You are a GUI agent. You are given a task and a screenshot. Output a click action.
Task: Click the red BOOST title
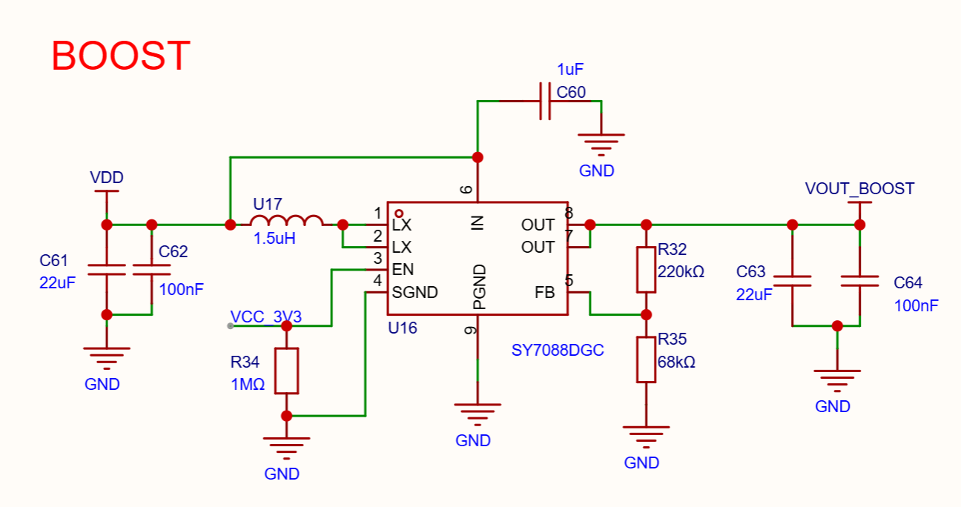[121, 56]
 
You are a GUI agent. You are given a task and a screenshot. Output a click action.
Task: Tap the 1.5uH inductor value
[274, 239]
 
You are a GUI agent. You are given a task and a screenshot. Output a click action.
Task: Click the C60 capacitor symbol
[545, 102]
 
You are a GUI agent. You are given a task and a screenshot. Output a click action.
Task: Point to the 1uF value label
[570, 69]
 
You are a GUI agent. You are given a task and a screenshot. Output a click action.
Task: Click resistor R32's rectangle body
[646, 270]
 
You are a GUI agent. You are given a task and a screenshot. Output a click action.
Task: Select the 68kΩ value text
[676, 362]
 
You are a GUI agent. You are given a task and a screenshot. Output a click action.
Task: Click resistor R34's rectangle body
[286, 371]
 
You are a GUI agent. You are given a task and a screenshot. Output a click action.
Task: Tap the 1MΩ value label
[248, 385]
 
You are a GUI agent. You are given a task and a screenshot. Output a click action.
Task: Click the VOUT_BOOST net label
[859, 189]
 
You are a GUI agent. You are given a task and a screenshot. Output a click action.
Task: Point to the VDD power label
[107, 177]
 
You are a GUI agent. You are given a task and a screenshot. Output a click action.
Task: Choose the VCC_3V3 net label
[266, 317]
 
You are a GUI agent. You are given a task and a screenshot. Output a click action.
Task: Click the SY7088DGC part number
[558, 351]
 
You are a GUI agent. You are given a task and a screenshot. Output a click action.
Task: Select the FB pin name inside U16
[545, 293]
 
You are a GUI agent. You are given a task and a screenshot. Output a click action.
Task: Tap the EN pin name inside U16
[403, 270]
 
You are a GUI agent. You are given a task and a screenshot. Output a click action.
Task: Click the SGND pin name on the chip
[415, 293]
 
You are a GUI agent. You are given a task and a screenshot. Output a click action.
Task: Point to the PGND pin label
[479, 287]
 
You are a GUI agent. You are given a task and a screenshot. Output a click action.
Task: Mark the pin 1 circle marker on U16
[399, 213]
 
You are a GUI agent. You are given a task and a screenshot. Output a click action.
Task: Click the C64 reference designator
[908, 282]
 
